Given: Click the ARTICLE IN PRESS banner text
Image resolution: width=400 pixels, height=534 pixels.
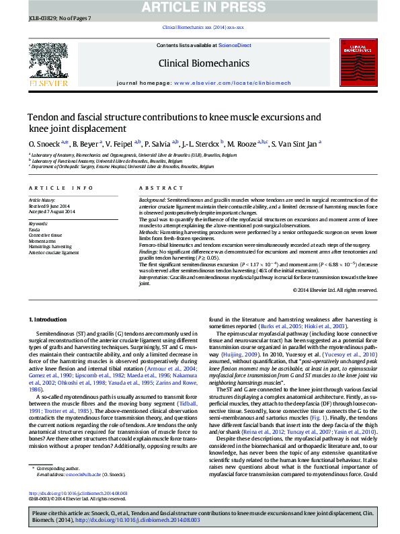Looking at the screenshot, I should (x=200, y=7).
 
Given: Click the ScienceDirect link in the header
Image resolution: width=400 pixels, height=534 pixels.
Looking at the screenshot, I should (x=235, y=45).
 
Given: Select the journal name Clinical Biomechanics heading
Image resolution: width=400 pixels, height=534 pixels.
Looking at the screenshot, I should (x=194, y=64).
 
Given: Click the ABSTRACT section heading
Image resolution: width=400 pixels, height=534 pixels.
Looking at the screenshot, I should (x=156, y=188).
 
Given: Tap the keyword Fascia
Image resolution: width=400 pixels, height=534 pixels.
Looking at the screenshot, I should (x=34, y=229).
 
